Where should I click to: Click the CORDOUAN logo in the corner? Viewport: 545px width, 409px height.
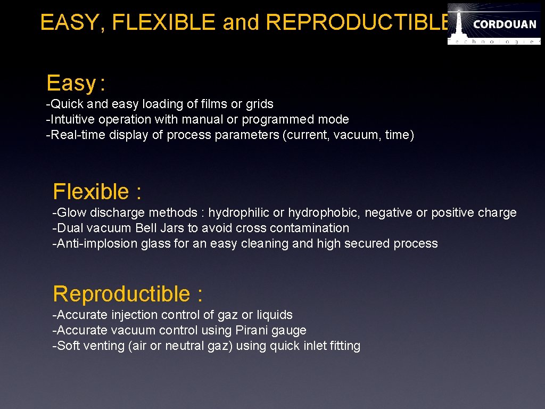493,23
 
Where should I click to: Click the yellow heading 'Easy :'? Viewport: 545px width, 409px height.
76,84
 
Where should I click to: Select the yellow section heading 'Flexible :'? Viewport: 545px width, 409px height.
97,192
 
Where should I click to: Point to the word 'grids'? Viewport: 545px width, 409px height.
259,104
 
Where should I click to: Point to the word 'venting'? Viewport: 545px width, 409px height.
104,346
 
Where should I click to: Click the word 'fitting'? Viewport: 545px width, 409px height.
345,346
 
